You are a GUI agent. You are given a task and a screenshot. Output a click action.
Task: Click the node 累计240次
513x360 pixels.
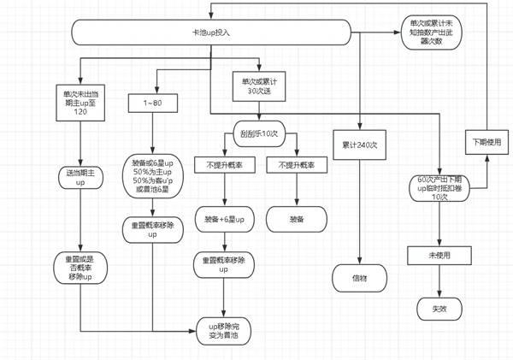[x=359, y=145]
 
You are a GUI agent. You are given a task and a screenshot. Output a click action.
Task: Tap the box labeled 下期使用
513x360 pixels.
[x=486, y=140]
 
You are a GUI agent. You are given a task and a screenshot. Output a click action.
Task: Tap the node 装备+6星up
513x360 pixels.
[x=224, y=219]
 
